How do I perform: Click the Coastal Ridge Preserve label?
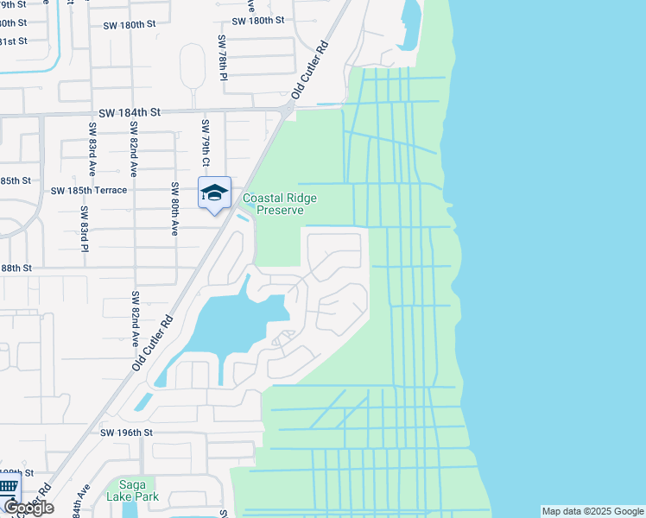tap(279, 204)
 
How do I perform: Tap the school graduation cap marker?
tap(214, 193)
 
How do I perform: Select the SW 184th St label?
tap(130, 112)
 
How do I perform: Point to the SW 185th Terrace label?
tap(89, 190)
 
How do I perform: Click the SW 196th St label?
tap(126, 432)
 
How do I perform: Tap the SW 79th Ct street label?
tap(206, 143)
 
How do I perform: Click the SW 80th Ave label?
tap(174, 209)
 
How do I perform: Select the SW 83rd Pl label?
tap(85, 228)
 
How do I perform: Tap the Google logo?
tap(28, 507)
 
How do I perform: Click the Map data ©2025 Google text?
tap(592, 511)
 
